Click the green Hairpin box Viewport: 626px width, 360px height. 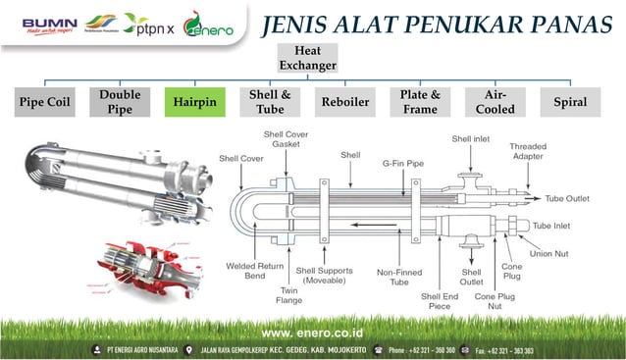point(194,102)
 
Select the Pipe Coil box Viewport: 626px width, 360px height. point(45,102)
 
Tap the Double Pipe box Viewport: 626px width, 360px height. point(120,102)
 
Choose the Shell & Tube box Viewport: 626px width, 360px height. point(270,102)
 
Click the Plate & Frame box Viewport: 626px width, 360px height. point(420,102)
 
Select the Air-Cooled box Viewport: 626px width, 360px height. point(495,102)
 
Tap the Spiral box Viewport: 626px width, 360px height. point(570,102)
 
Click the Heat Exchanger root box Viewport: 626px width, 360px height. point(307,58)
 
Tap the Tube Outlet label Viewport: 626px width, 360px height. point(569,197)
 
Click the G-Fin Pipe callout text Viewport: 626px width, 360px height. point(402,164)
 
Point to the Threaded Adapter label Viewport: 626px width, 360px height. point(528,151)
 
